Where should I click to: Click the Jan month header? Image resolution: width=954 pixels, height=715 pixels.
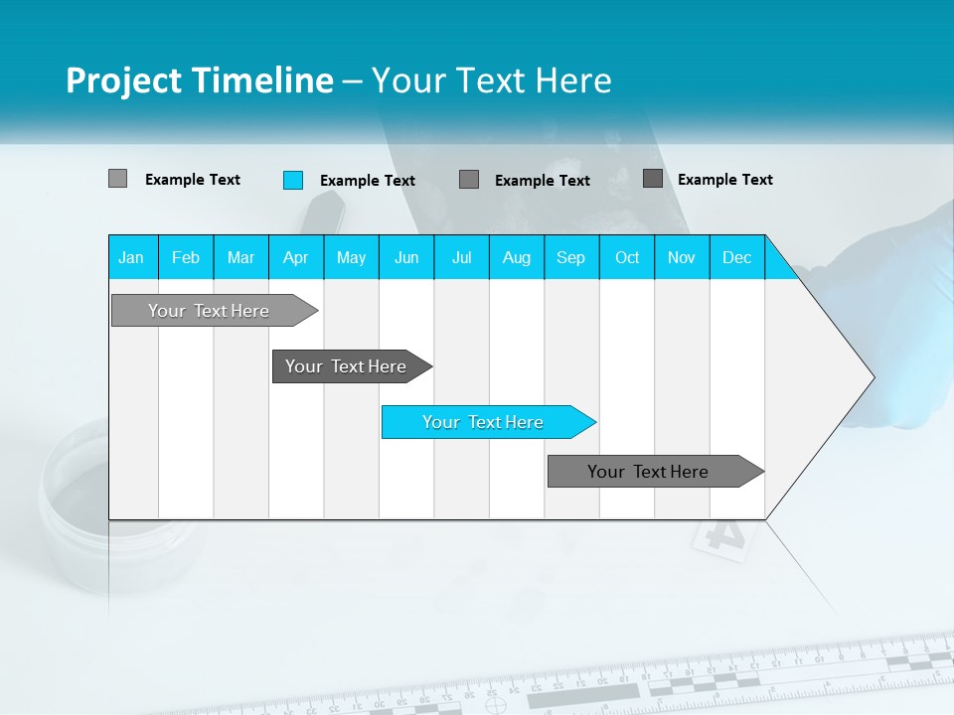click(131, 257)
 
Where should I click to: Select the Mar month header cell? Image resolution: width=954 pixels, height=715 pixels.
click(240, 257)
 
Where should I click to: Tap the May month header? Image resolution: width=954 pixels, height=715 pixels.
click(351, 257)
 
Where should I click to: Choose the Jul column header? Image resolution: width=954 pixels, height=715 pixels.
click(461, 257)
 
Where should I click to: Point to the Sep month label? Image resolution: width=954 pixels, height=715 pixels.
click(570, 257)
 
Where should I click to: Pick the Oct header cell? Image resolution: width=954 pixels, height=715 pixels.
click(627, 257)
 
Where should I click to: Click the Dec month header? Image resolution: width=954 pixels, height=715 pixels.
click(736, 257)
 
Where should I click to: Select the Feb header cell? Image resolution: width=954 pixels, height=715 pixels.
click(186, 257)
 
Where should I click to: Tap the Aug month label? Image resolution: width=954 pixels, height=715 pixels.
click(516, 257)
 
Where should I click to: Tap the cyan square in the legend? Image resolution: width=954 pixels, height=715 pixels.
click(292, 180)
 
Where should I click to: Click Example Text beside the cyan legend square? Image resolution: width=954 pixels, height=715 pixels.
click(367, 181)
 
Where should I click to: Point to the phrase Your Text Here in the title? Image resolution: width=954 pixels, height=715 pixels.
click(491, 80)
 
